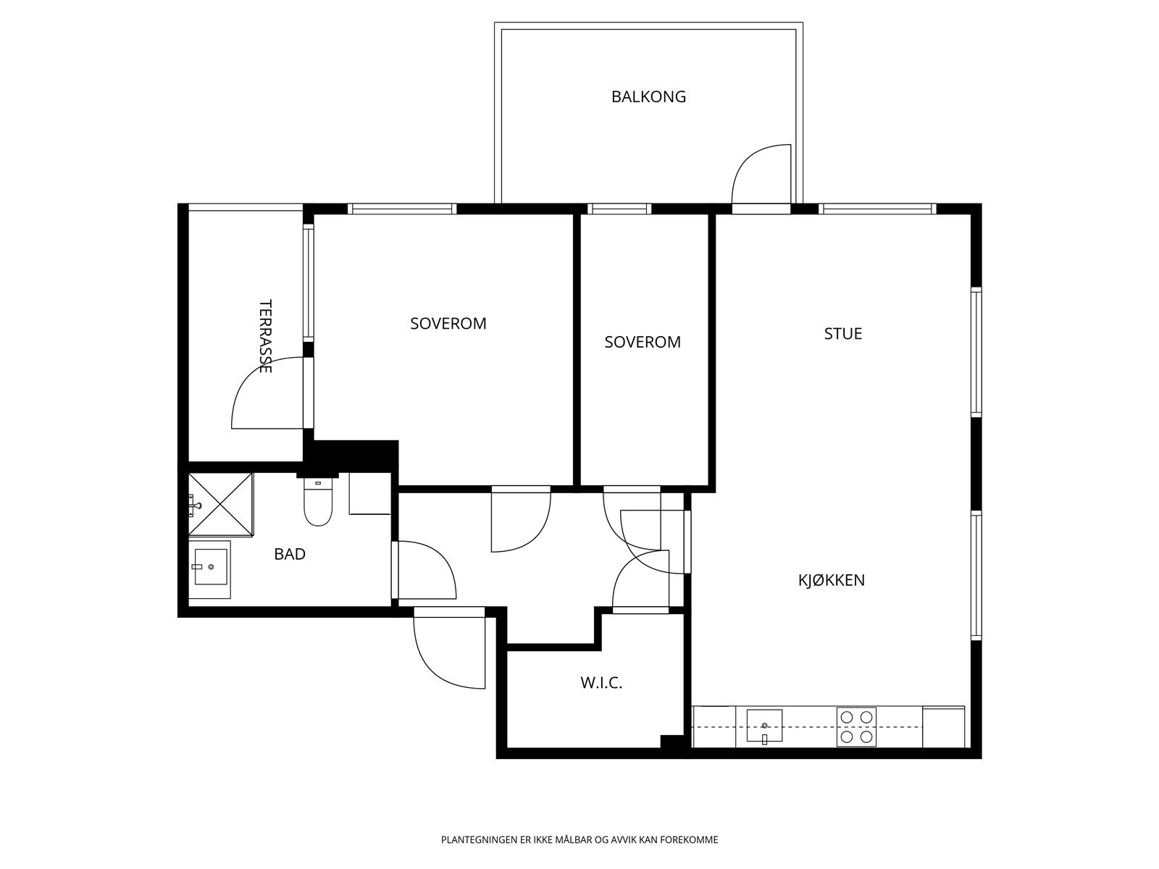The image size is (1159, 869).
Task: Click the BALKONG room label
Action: [x=648, y=96]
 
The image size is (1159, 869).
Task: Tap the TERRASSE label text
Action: [x=266, y=336]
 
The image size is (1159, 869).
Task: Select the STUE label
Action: [x=842, y=333]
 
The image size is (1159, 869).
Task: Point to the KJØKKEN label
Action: [x=831, y=580]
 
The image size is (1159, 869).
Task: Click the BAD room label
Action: [x=290, y=554]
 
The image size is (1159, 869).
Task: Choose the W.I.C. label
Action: [x=601, y=684]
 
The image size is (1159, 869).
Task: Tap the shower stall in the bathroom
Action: [x=221, y=505]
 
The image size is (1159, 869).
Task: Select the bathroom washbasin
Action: [x=211, y=567]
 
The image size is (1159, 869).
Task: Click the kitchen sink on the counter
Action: [x=764, y=726]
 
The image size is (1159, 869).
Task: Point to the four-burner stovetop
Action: [x=856, y=726]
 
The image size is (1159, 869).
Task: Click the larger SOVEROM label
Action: [x=448, y=324]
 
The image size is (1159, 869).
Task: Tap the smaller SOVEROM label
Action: [x=643, y=342]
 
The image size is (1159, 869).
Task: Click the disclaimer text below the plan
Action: [x=579, y=840]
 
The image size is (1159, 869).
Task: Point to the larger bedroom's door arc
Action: [x=533, y=541]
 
